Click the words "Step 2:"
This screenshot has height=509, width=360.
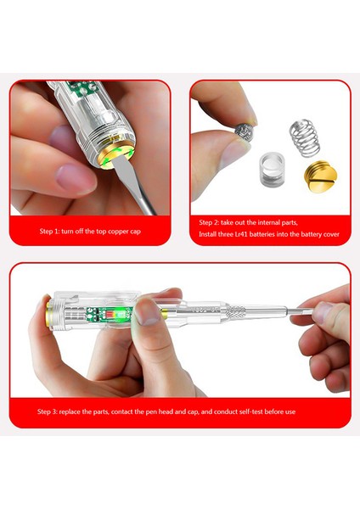211,221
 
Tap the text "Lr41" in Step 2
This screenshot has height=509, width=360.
246,233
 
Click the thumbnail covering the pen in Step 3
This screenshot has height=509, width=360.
149,310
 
